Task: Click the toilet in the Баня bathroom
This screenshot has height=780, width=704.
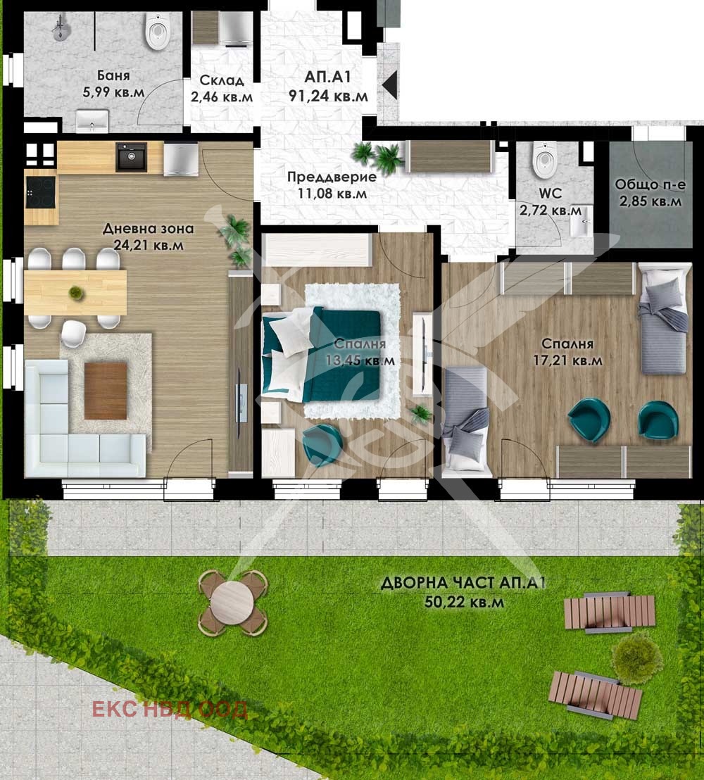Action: pyautogui.click(x=158, y=30)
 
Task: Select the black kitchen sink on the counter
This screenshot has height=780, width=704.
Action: pyautogui.click(x=132, y=157)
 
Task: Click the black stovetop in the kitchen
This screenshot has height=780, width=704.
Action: pyautogui.click(x=42, y=192)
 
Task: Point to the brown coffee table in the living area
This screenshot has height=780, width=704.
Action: pyautogui.click(x=106, y=391)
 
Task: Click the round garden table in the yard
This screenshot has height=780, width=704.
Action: pyautogui.click(x=232, y=602)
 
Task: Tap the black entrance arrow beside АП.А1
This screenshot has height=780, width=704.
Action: pyautogui.click(x=389, y=84)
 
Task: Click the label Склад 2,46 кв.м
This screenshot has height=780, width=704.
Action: pyautogui.click(x=222, y=88)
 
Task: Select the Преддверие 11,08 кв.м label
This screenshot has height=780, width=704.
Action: pyautogui.click(x=332, y=184)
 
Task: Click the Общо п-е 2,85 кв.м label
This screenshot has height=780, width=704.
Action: pyautogui.click(x=650, y=192)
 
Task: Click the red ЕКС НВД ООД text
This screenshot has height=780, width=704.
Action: pyautogui.click(x=170, y=710)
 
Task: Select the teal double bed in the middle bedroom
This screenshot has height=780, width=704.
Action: pyautogui.click(x=322, y=354)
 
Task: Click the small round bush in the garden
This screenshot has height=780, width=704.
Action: pyautogui.click(x=637, y=659)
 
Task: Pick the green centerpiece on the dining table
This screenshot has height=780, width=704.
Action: pyautogui.click(x=75, y=293)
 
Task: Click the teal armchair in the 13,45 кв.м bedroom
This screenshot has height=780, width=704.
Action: pyautogui.click(x=322, y=445)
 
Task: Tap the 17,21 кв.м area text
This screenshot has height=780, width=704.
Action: pyautogui.click(x=567, y=360)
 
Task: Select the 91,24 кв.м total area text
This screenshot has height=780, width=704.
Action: pyautogui.click(x=328, y=96)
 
